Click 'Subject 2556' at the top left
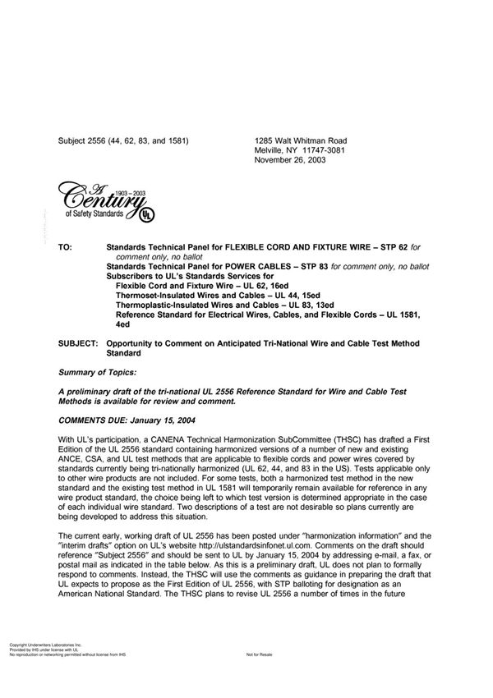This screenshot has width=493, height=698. [x=85, y=141]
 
